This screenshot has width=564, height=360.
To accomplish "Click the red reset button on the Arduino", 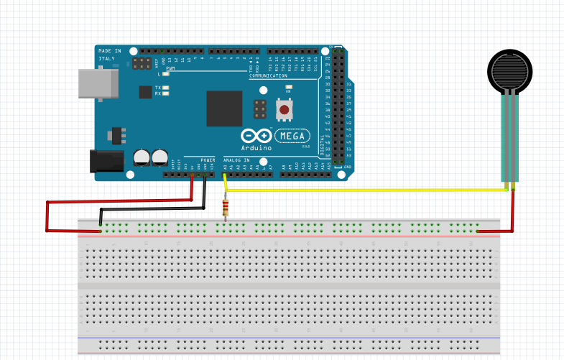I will click(285, 110).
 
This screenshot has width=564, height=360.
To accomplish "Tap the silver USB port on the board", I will click(97, 83).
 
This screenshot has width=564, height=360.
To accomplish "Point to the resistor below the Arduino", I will click(227, 208).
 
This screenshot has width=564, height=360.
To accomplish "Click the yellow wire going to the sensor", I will click(359, 190).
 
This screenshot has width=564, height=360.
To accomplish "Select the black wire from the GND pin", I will click(151, 208).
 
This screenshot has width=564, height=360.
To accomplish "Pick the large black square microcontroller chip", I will click(224, 109).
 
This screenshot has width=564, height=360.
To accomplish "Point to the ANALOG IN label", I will click(236, 160).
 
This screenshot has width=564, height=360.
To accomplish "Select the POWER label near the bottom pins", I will click(208, 160).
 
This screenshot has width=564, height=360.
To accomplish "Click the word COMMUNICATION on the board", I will click(267, 75).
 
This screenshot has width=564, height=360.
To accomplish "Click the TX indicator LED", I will click(166, 88).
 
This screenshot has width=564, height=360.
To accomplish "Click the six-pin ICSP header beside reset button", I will click(259, 109).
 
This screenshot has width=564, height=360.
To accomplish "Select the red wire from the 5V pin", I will click(47, 216).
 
